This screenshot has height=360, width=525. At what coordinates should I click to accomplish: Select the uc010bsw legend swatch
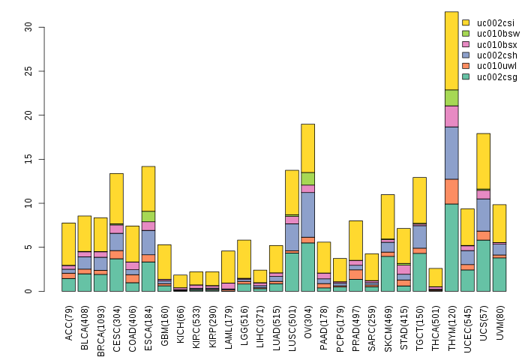point(466,33)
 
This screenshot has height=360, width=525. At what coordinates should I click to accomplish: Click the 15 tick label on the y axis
point(28,159)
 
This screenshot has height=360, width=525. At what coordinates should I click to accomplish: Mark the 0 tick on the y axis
point(28,291)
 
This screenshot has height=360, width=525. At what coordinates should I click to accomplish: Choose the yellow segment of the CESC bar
point(117,198)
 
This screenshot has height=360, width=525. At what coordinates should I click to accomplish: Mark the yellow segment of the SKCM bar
point(388,216)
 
